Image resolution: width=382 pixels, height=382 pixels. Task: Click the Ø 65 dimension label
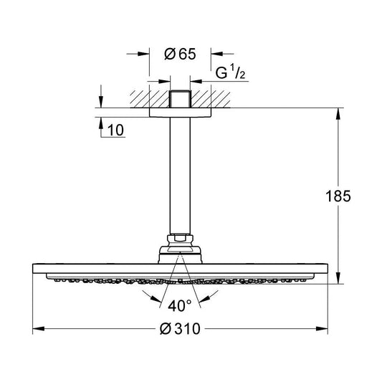click(x=180, y=54)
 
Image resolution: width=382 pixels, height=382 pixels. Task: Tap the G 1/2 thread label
click(x=230, y=72)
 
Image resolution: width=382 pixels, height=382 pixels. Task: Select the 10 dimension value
click(x=115, y=130)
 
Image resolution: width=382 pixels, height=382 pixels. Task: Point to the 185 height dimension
click(x=338, y=196)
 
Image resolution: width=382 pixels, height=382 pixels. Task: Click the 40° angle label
click(x=180, y=306)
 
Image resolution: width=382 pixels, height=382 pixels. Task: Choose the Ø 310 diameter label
click(x=180, y=329)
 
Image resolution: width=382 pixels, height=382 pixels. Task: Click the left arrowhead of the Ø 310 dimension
click(x=39, y=329)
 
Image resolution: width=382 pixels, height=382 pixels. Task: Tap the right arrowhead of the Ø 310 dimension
click(x=322, y=329)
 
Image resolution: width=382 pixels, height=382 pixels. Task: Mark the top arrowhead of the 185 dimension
click(x=338, y=114)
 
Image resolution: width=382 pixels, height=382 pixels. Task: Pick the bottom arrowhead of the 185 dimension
click(x=338, y=278)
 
